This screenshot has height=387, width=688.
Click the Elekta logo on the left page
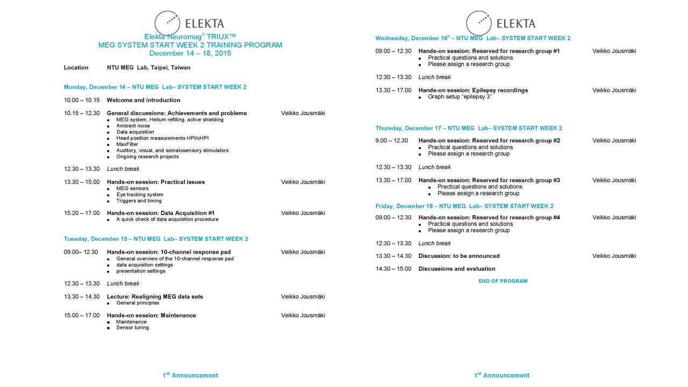[x=189, y=23]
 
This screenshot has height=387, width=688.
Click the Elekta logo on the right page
[x=500, y=23]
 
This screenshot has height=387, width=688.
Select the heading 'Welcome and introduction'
[x=144, y=100]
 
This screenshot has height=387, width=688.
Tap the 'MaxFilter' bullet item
[x=127, y=144]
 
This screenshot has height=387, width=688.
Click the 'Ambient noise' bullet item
[x=133, y=126]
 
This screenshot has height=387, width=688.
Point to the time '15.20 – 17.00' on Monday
[x=82, y=213]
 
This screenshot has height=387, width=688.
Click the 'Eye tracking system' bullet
[x=140, y=195]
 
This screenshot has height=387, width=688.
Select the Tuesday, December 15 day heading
[x=156, y=239]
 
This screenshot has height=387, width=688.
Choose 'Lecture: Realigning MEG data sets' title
[x=155, y=296]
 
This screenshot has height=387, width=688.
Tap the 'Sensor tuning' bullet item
[x=133, y=327]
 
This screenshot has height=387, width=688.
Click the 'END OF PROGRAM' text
[x=503, y=281]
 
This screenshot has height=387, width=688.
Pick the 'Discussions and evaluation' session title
[x=457, y=269]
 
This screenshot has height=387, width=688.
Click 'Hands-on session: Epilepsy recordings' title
[x=473, y=90]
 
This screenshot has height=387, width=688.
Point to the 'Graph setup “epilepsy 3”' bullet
[x=460, y=97]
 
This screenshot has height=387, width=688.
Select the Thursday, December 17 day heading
[x=469, y=128]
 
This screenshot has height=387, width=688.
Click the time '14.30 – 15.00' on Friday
[x=393, y=269]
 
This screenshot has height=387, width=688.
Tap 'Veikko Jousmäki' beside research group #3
[x=614, y=180]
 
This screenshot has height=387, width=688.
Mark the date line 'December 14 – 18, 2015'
[x=190, y=53]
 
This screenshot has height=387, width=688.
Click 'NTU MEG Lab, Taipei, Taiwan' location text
[x=148, y=68]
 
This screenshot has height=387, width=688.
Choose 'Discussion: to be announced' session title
[x=459, y=256]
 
